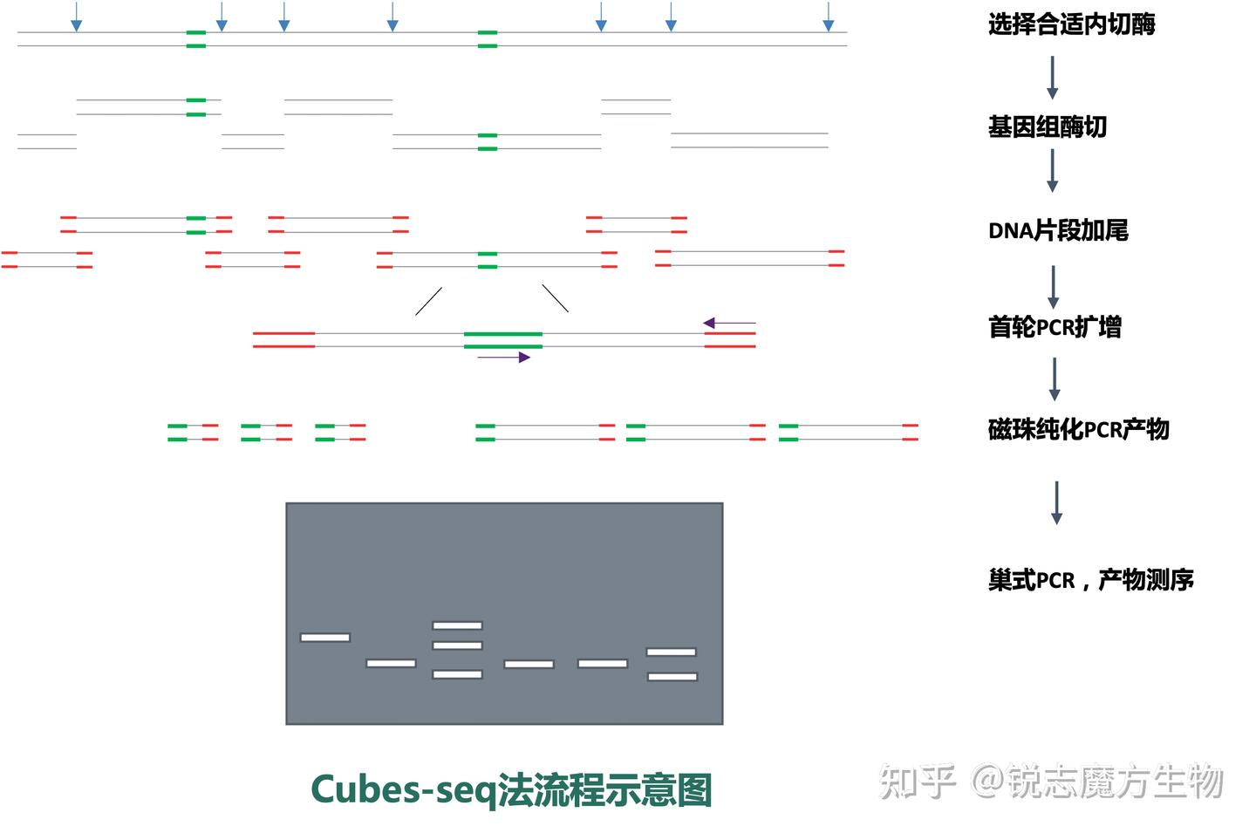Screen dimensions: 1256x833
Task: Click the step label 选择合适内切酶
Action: click(x=1071, y=24)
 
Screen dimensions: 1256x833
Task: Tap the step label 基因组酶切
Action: click(x=1047, y=126)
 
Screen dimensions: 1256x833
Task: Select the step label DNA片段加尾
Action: click(x=1058, y=230)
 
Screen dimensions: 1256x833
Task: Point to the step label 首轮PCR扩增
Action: click(x=1055, y=327)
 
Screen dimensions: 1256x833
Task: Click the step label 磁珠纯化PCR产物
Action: click(x=1078, y=429)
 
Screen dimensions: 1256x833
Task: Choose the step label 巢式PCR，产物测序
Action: click(x=1090, y=580)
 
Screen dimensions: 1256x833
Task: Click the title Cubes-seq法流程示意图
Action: click(x=511, y=790)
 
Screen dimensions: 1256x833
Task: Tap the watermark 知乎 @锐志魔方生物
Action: click(x=1050, y=781)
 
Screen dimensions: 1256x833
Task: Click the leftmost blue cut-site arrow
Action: click(x=76, y=17)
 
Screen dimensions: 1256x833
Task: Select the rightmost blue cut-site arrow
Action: click(x=829, y=17)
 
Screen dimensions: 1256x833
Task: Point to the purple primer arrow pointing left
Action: click(x=729, y=323)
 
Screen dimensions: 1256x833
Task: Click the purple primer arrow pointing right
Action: click(x=503, y=357)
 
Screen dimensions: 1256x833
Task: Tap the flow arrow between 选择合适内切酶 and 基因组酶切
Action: click(x=1053, y=78)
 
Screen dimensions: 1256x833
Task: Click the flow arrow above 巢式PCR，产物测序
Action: click(x=1056, y=502)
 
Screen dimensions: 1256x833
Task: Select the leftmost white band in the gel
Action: click(x=325, y=638)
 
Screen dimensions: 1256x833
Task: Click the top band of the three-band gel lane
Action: click(x=458, y=625)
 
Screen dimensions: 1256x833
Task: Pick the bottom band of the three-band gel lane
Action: click(x=458, y=674)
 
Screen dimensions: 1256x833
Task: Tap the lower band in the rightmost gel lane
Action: click(x=672, y=677)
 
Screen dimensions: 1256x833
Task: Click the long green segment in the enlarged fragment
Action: click(x=503, y=340)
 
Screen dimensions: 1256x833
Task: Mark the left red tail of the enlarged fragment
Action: click(x=283, y=339)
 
